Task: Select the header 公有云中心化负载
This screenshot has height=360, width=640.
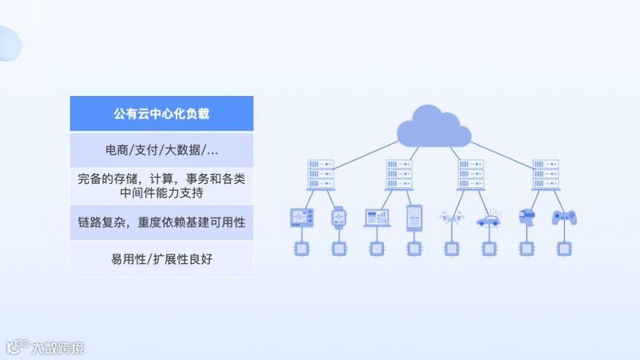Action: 161,114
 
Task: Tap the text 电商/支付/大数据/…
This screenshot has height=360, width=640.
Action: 161,150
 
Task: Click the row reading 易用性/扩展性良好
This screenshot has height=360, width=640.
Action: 161,259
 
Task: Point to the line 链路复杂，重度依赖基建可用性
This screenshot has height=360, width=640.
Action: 161,222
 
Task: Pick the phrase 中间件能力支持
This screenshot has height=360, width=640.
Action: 161,193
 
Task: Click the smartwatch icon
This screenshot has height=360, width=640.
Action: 339,217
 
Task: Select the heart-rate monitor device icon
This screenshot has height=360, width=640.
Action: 301,217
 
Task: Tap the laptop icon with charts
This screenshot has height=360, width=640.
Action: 377,217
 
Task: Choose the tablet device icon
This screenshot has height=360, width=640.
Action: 414,217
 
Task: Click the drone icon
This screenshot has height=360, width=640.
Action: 451,217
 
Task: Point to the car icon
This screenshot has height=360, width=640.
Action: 489,218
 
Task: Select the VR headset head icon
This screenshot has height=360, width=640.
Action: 527,216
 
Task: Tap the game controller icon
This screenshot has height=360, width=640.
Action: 564,217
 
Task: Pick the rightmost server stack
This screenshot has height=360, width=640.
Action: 545,174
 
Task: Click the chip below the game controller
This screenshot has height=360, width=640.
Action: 564,248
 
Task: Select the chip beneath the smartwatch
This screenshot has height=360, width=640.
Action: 339,248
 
